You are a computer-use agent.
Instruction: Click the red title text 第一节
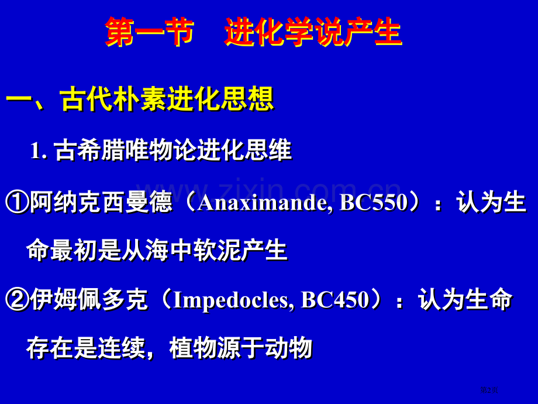click(149, 32)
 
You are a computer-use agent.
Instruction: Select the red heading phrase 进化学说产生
click(313, 32)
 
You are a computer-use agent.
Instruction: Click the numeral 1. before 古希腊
click(39, 150)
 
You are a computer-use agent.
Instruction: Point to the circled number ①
click(17, 202)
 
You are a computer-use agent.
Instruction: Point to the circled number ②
click(17, 299)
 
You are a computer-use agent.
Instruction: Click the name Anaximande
click(263, 203)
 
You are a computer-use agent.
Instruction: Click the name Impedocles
click(231, 300)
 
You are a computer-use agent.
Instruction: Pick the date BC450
click(335, 299)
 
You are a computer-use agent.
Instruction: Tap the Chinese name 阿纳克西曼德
click(101, 202)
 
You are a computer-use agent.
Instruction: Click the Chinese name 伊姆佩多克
click(89, 299)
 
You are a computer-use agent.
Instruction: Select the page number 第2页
click(489, 390)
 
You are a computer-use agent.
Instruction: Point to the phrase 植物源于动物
click(241, 348)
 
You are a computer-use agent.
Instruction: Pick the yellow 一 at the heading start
click(19, 100)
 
